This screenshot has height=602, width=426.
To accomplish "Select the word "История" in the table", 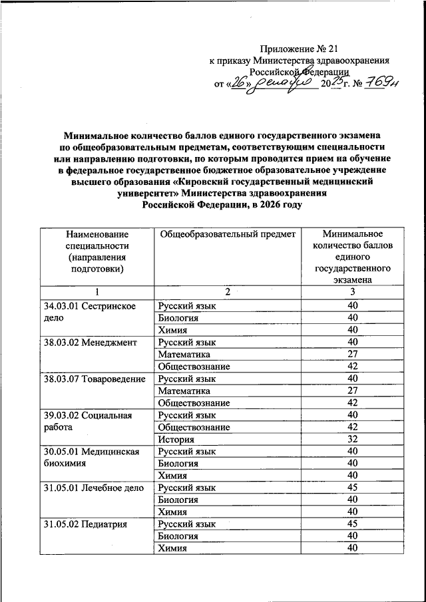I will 176,439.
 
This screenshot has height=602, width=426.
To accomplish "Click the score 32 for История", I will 353,439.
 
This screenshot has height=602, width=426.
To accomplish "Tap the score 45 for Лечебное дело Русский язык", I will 353,488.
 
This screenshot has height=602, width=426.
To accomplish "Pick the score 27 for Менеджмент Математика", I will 353,354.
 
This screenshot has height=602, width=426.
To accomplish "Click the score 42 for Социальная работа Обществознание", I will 353,427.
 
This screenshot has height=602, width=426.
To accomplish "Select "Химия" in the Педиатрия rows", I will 172,548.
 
